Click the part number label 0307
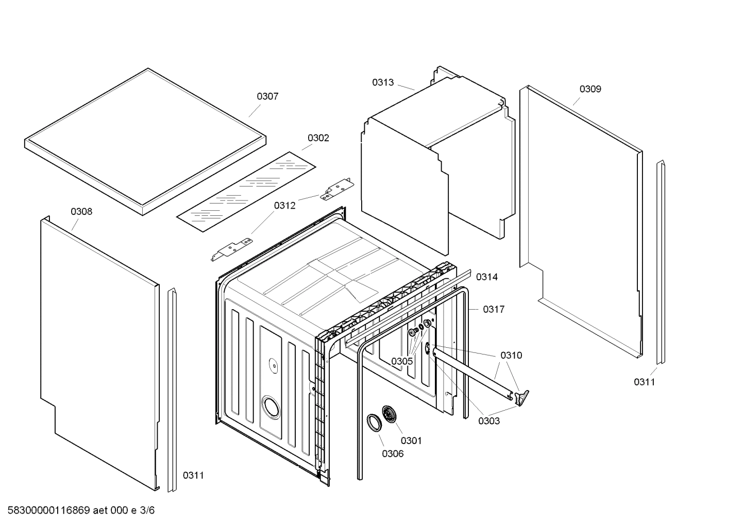click(267, 96)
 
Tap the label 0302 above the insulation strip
click(318, 138)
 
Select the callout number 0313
click(383, 82)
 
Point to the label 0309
click(590, 89)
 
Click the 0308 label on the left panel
click(81, 212)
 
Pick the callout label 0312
click(284, 206)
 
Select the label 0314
click(486, 277)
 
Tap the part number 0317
click(493, 309)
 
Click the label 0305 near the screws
click(401, 361)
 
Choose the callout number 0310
click(511, 355)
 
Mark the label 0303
click(488, 421)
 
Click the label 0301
click(411, 441)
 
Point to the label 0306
click(393, 454)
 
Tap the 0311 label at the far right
click(644, 382)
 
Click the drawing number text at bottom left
click(78, 511)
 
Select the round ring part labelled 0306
click(374, 421)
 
